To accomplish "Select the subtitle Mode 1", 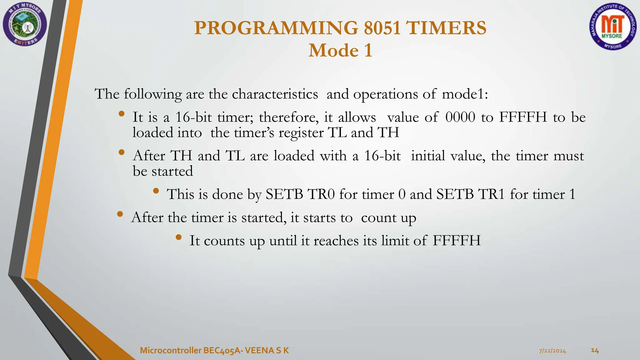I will coord(340,51).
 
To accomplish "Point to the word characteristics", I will coord(275,94).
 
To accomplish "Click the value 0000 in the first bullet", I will coord(460,117).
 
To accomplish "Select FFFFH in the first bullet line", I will coord(523,117).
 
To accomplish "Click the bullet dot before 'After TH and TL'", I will coord(122,152).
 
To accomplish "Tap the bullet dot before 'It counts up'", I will coord(178,237).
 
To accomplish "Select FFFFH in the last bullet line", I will coord(457,241).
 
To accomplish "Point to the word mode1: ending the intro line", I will coord(465,94).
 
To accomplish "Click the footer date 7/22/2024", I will coord(552,351).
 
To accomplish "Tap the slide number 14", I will coord(595,351).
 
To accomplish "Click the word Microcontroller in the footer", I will coord(170,351).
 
